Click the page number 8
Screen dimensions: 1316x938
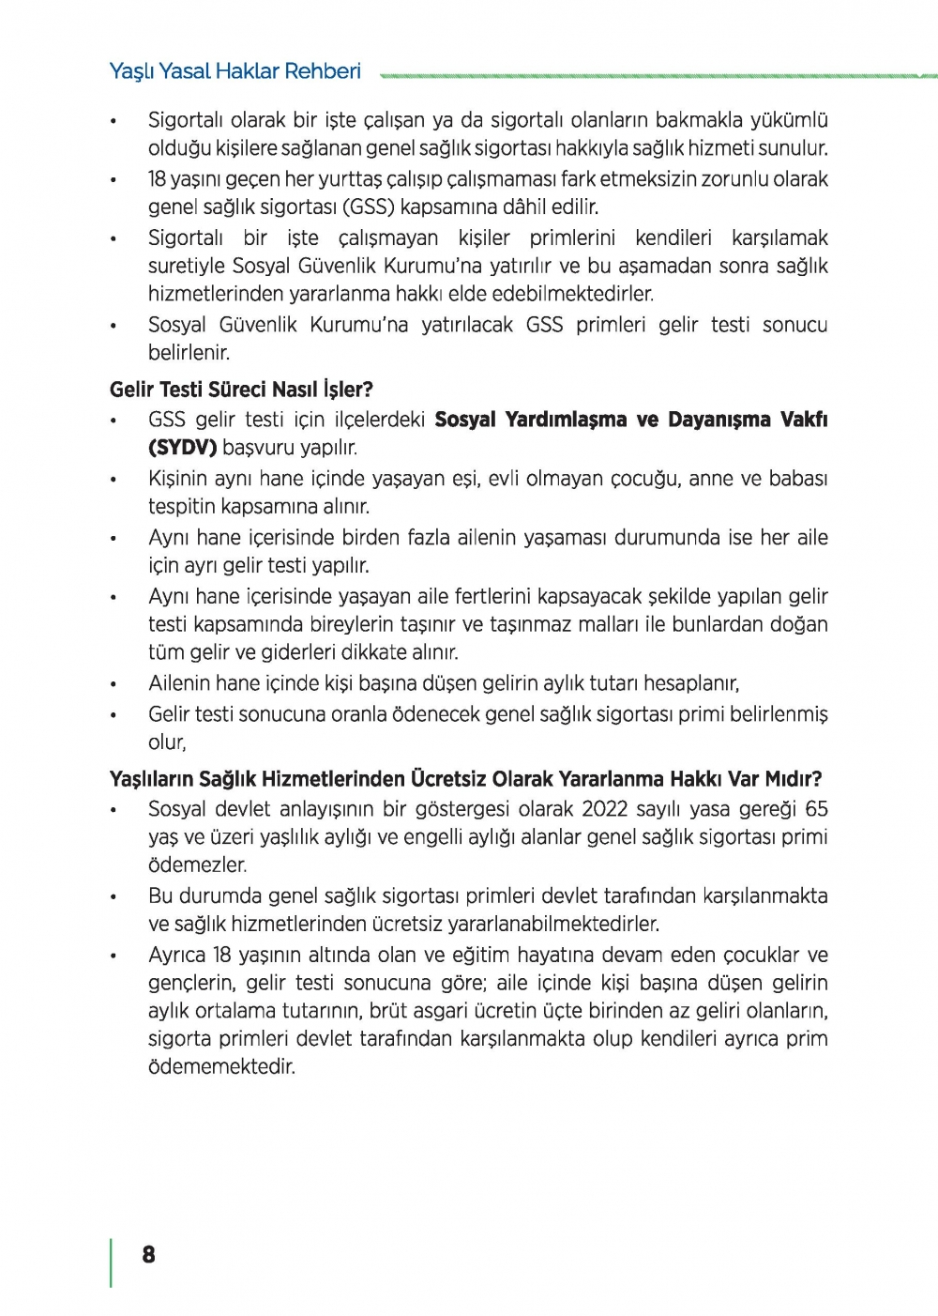pos(148,1255)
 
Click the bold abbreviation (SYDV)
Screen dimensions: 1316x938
pos(182,448)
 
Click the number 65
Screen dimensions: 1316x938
pos(816,809)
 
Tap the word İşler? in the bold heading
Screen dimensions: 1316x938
pos(347,390)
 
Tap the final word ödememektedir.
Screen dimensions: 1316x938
pos(221,1067)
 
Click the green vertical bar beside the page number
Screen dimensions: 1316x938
pos(112,1262)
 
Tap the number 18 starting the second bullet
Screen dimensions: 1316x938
pos(158,179)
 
